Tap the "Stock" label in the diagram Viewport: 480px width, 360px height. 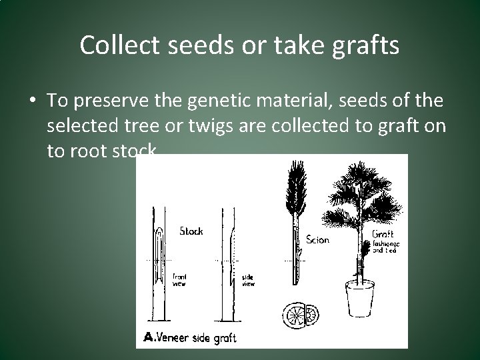tap(192, 231)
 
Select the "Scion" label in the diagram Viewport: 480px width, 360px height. tap(318, 240)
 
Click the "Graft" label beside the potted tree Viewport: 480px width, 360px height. tap(383, 234)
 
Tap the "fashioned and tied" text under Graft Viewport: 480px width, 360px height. tap(384, 248)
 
